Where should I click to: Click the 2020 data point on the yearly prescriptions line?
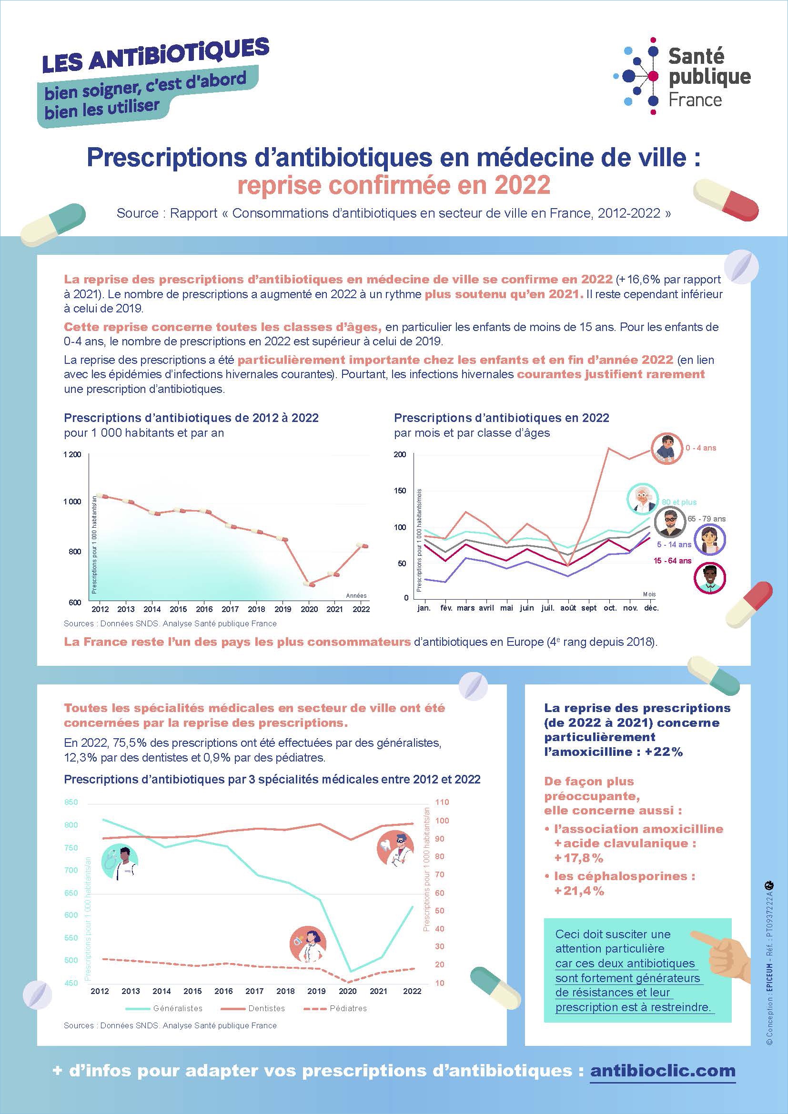pos(309,584)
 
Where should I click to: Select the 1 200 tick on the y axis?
pos(72,455)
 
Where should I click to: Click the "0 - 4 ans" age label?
pos(701,448)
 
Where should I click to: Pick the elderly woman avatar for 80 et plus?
pos(643,498)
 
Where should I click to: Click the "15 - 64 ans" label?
pos(672,561)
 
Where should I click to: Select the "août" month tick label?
pos(568,608)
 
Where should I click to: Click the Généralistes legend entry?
pos(164,1008)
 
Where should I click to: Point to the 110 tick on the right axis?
pos(442,803)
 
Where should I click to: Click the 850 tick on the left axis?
pos(71,803)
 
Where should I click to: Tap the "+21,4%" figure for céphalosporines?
pos(579,891)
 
